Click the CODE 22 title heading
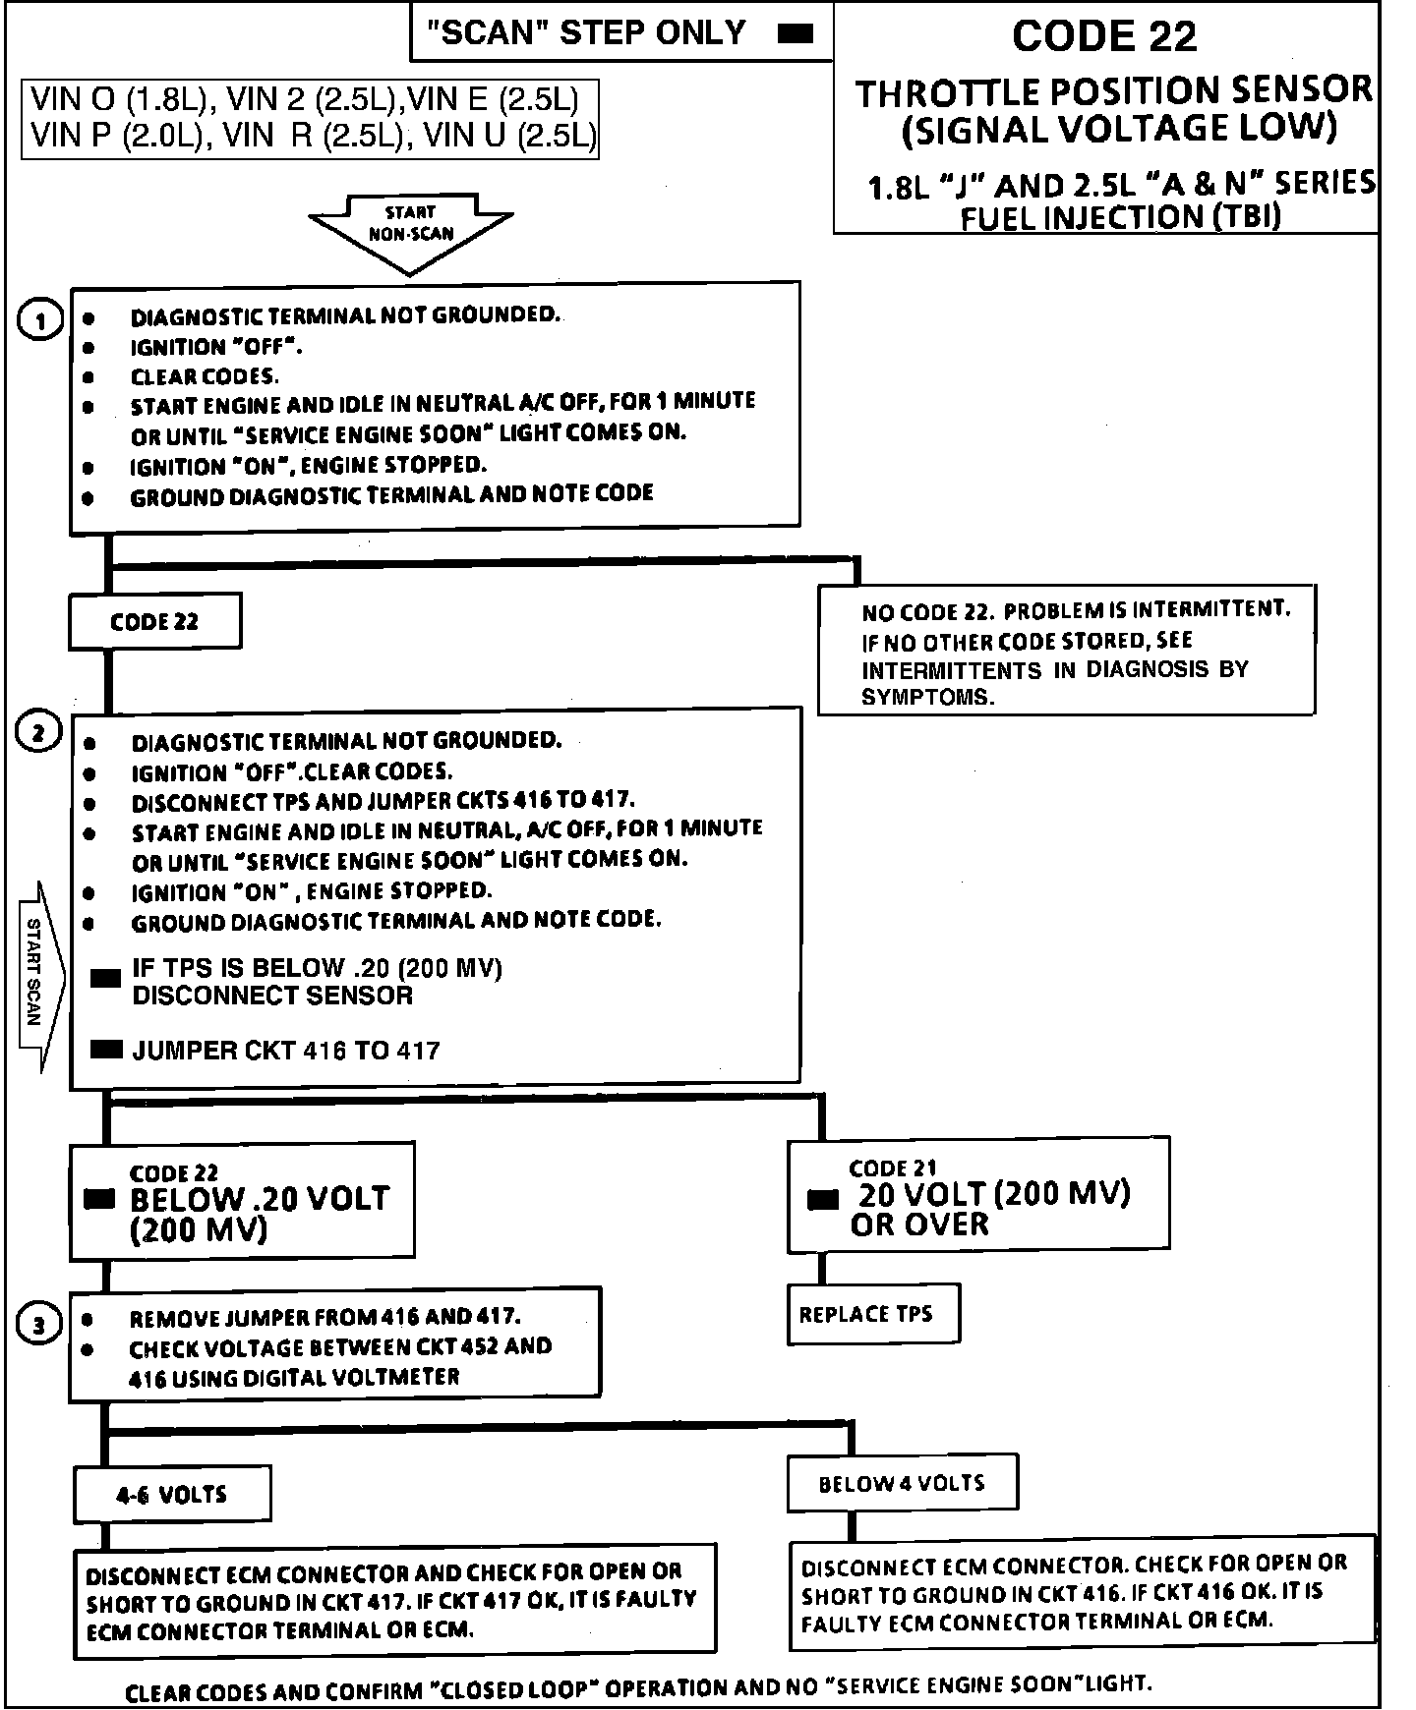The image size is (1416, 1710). [1104, 37]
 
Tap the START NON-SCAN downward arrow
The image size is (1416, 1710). [410, 232]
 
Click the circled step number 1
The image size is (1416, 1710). [40, 320]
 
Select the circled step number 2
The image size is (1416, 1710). [39, 733]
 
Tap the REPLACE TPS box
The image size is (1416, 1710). [872, 1314]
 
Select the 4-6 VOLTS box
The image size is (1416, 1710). [171, 1495]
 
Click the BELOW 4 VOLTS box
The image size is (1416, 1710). [902, 1483]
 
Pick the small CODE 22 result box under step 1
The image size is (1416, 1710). [154, 621]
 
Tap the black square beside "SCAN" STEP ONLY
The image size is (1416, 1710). [795, 33]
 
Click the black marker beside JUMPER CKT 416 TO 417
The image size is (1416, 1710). [105, 1050]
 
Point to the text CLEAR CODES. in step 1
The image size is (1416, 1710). [205, 376]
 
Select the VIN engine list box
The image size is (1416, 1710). [310, 117]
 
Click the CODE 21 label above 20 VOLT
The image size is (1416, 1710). [893, 1168]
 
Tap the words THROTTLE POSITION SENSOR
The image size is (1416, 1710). [1113, 92]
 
